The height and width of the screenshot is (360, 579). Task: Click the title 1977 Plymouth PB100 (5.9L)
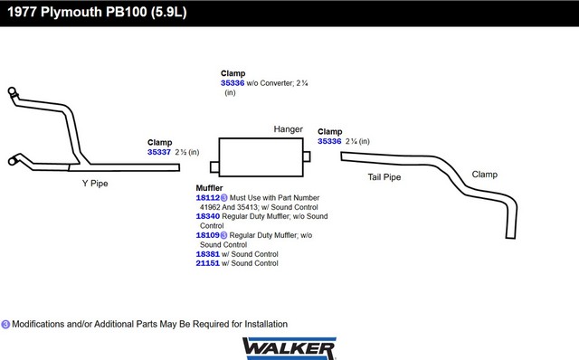97,12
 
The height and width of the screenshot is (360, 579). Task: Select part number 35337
159,152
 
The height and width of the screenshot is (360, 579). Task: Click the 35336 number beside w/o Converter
233,83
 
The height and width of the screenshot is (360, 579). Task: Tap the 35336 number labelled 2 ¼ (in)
329,141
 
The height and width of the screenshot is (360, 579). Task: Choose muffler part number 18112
207,197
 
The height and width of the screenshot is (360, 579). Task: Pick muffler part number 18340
207,216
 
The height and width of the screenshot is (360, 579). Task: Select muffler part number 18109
207,235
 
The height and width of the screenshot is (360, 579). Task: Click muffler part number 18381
207,254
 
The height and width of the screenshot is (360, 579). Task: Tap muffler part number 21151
207,263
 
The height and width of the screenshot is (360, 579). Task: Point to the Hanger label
288,129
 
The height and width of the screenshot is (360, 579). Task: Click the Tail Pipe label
384,177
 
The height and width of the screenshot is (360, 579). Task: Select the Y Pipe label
95,184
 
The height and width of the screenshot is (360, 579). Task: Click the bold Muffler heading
209,188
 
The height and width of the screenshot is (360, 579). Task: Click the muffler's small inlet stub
214,167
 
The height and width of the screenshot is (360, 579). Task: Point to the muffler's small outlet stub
307,156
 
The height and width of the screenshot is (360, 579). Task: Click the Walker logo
289,348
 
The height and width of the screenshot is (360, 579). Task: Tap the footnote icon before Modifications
5,324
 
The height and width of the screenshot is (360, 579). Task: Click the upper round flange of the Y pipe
12,90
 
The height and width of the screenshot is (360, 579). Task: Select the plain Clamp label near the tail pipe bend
485,175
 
